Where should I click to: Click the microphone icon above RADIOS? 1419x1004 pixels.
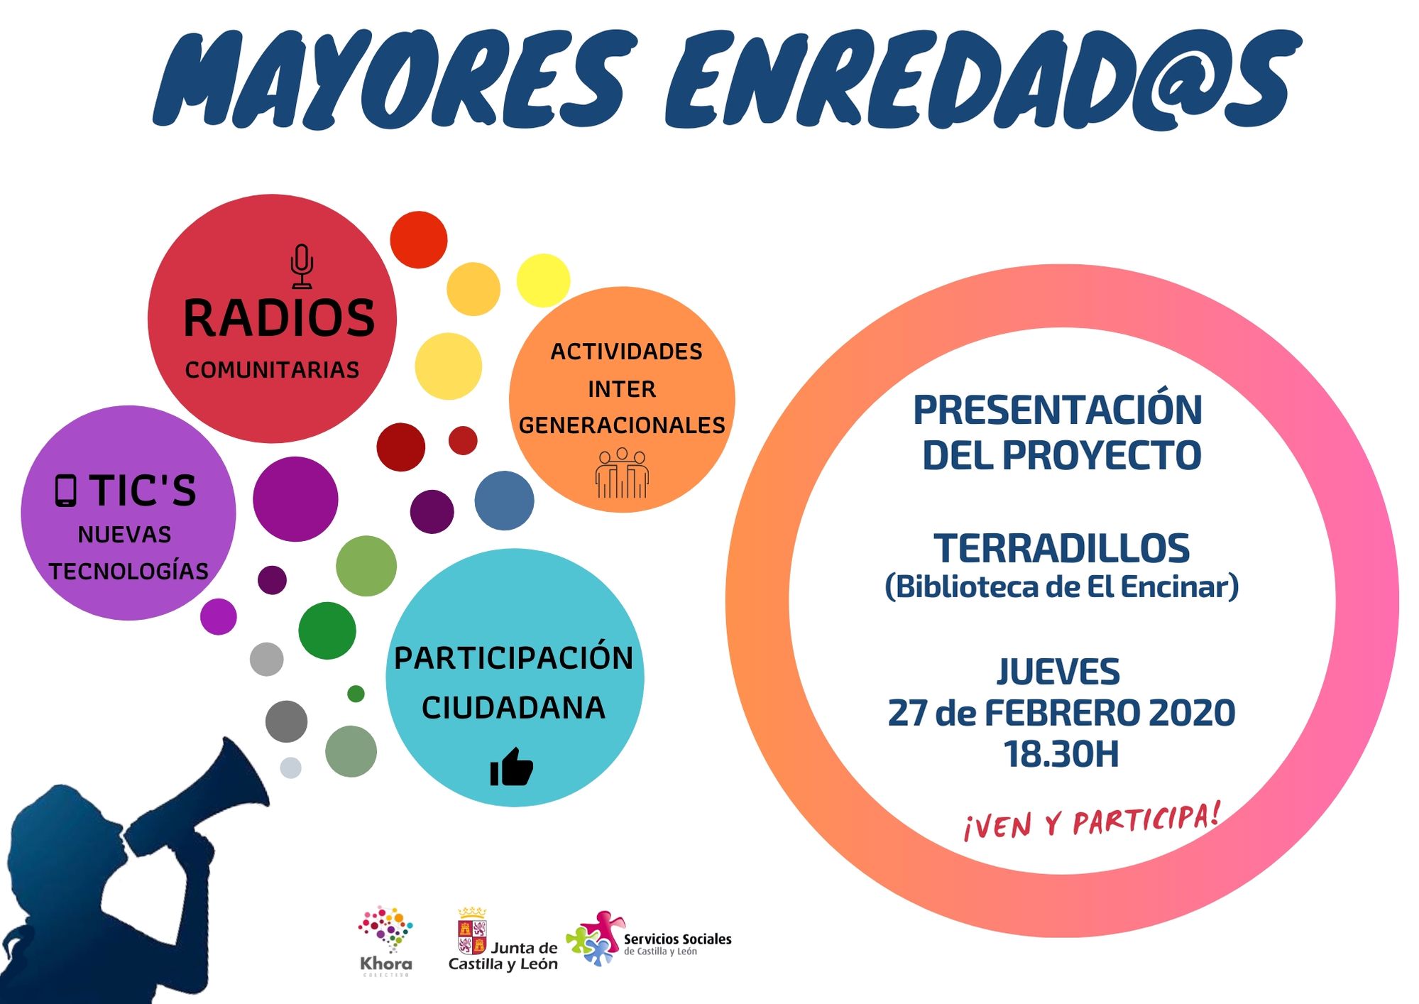302,266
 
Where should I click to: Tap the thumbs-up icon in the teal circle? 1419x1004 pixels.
511,767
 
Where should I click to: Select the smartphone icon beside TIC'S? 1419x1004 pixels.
65,491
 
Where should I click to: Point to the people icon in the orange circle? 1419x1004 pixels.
622,473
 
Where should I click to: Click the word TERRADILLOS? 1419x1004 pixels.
1061,548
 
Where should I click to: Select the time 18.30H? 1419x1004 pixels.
1061,754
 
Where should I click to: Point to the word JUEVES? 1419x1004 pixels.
1058,672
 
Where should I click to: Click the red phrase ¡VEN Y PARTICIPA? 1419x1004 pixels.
1092,822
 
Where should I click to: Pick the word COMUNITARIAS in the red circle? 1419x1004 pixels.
272,370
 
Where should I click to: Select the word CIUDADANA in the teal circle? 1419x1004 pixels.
513,708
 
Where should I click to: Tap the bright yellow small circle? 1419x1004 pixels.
543,280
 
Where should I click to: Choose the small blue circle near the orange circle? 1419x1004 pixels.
504,501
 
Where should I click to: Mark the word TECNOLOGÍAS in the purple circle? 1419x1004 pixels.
128,571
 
